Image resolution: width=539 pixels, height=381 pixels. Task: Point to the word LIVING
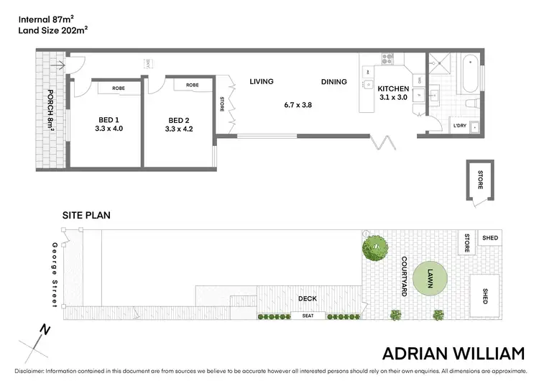(262, 81)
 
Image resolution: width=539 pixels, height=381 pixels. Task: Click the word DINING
(333, 82)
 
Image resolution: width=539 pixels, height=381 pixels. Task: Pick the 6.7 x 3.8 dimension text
(298, 105)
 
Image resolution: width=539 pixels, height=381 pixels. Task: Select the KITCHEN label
(392, 89)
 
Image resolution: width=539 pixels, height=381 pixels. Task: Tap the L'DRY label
(460, 125)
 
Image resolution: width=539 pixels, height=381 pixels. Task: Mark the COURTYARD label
(404, 277)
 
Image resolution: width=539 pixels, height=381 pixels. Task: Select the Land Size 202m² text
(53, 30)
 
